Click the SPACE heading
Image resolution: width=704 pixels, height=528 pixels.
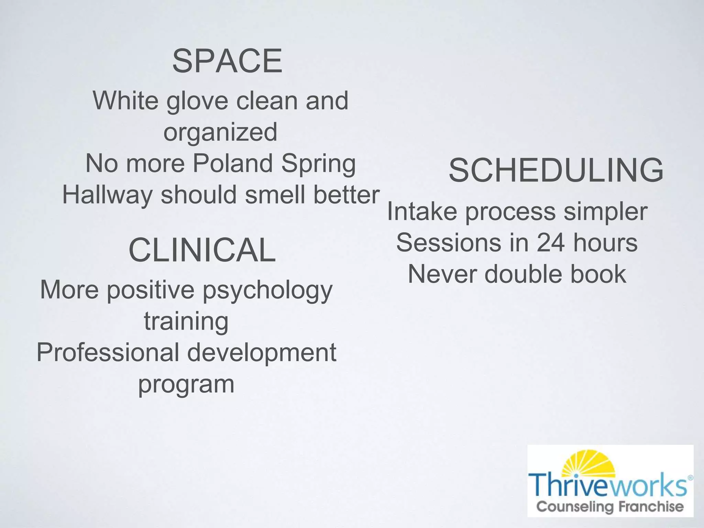(x=227, y=62)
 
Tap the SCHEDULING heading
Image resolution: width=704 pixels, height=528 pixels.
(x=556, y=170)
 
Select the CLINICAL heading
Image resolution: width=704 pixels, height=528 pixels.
(x=202, y=250)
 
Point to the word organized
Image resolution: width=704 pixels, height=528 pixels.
(x=220, y=132)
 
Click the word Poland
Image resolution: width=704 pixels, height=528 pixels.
(x=233, y=163)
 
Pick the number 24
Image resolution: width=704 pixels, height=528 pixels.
(x=550, y=243)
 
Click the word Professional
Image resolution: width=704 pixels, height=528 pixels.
(x=108, y=353)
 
